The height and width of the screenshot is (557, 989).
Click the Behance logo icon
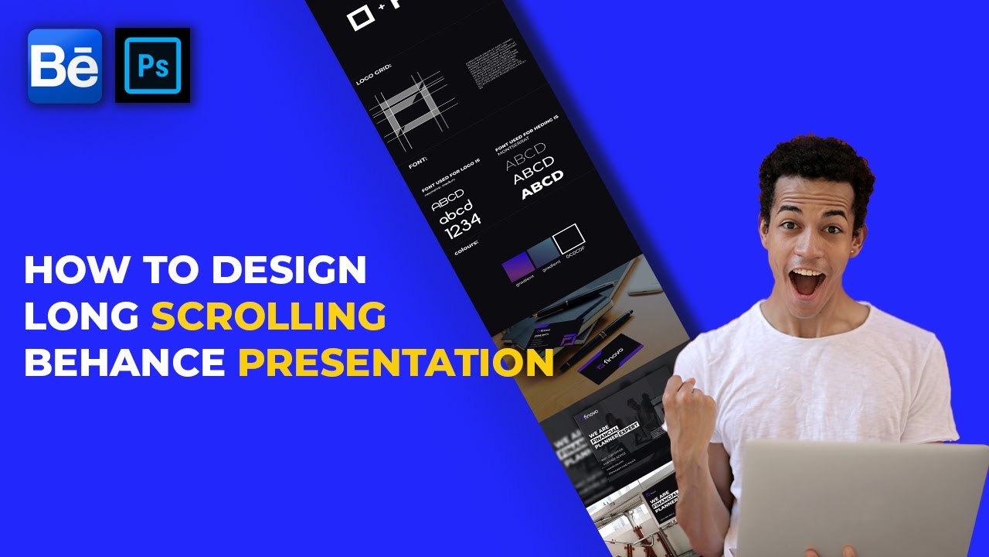click(65, 66)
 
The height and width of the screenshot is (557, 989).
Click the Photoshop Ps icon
click(153, 66)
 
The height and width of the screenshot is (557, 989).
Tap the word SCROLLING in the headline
click(268, 316)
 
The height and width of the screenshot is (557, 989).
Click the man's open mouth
click(808, 282)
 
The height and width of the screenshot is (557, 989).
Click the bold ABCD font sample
click(542, 186)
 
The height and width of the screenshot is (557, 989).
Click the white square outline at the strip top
click(360, 17)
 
